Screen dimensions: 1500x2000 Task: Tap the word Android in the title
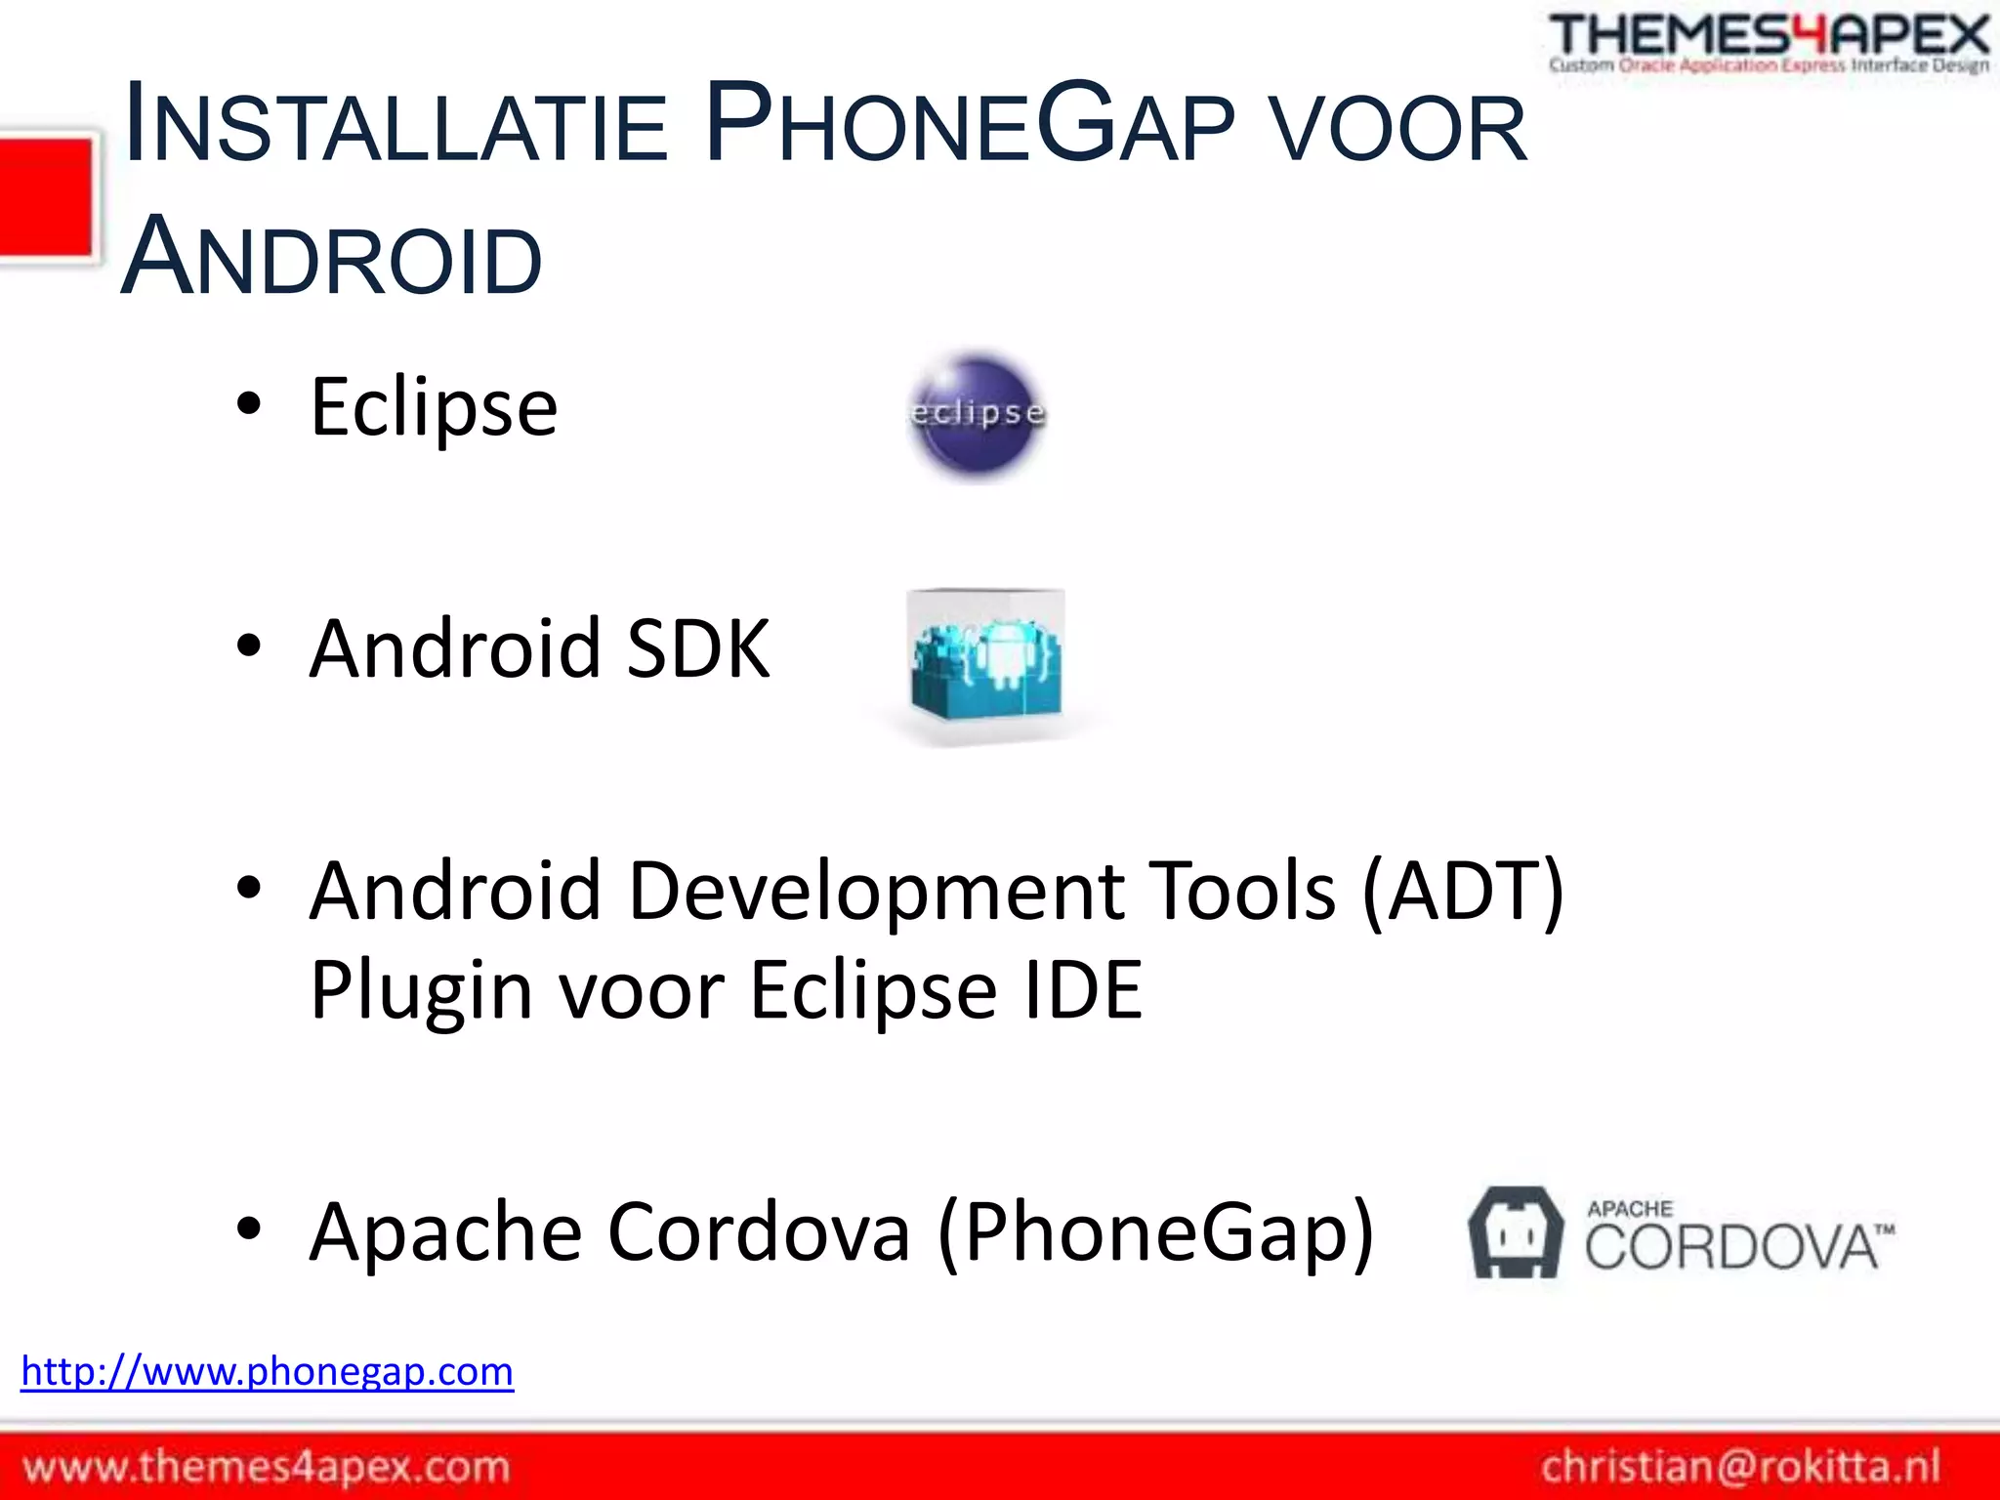pos(332,257)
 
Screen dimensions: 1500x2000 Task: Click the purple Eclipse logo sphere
pos(976,416)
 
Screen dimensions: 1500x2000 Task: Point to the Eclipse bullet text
pos(434,407)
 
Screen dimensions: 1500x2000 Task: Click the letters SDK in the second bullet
pos(697,649)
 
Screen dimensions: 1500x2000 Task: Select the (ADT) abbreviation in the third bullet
pos(1463,891)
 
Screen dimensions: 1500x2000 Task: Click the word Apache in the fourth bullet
pos(446,1232)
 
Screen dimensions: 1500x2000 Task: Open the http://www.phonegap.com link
pos(268,1372)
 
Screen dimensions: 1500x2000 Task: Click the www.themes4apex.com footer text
pos(267,1467)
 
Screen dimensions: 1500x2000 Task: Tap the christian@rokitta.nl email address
pos(1740,1467)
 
